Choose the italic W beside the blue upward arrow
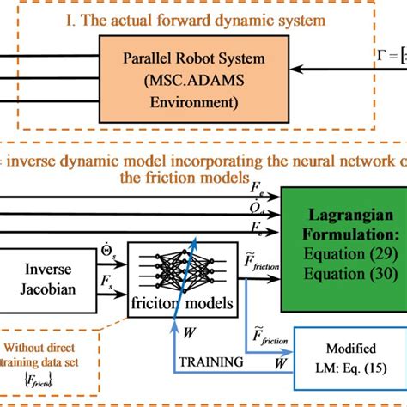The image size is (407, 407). (188, 328)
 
